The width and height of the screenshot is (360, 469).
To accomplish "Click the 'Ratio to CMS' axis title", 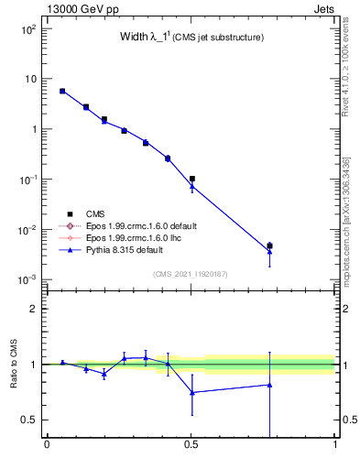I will click(13, 364).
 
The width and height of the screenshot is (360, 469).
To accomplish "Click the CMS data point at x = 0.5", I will click(191, 180).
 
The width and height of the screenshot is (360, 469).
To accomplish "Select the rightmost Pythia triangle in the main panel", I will click(269, 251).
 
